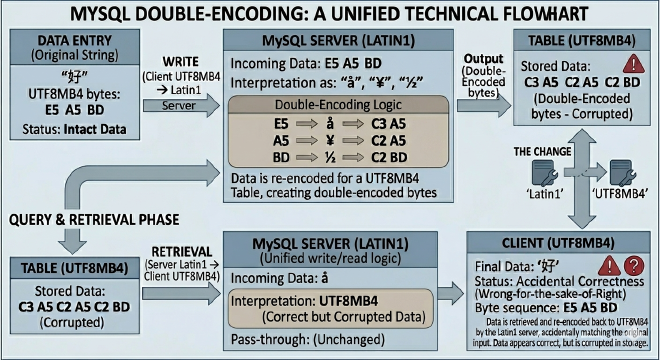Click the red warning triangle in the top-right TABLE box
tap(633, 62)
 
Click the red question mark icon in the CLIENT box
tap(631, 266)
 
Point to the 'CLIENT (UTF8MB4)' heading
tap(563, 242)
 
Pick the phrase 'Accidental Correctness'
tap(591, 282)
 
